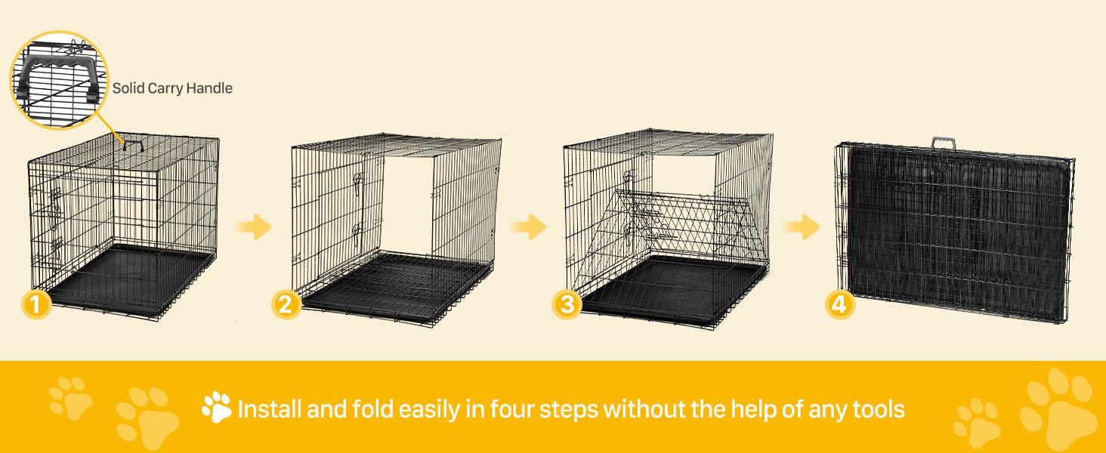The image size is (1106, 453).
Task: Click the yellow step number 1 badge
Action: tap(36, 305)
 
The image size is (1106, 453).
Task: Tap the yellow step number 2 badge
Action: tap(285, 305)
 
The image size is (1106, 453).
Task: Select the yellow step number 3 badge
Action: tap(567, 305)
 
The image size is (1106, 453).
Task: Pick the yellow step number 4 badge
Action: tap(841, 305)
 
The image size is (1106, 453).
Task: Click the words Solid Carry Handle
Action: tap(172, 88)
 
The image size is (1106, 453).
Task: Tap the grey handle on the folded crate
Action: tap(944, 143)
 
